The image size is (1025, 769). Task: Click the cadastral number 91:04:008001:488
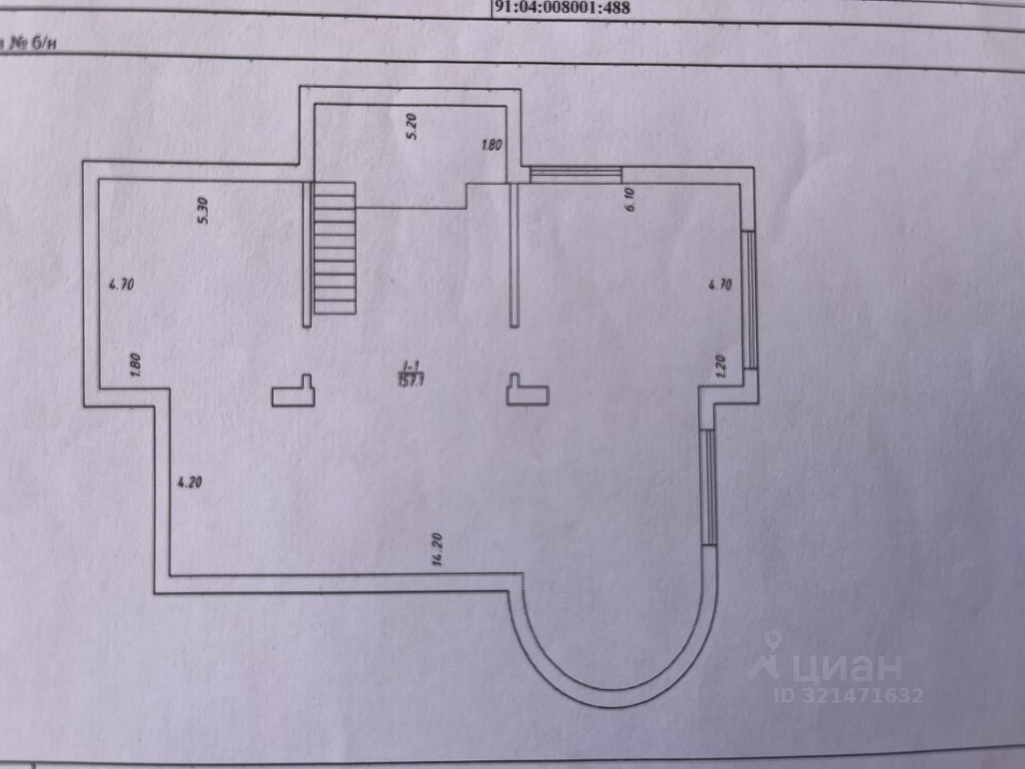pyautogui.click(x=563, y=9)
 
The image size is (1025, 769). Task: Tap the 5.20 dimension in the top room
pyautogui.click(x=412, y=127)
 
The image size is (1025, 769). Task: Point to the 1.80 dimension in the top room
pyautogui.click(x=491, y=146)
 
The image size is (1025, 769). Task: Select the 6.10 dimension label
pyautogui.click(x=629, y=198)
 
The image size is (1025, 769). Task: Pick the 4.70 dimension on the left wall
pyautogui.click(x=120, y=284)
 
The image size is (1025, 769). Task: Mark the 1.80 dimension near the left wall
pyautogui.click(x=135, y=366)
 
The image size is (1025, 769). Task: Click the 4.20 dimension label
pyautogui.click(x=189, y=482)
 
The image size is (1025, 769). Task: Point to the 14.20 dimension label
pyautogui.click(x=437, y=550)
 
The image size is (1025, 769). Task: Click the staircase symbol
pyautogui.click(x=334, y=248)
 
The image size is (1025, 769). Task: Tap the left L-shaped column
pyautogui.click(x=294, y=392)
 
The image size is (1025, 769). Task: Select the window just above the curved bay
pyautogui.click(x=708, y=487)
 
